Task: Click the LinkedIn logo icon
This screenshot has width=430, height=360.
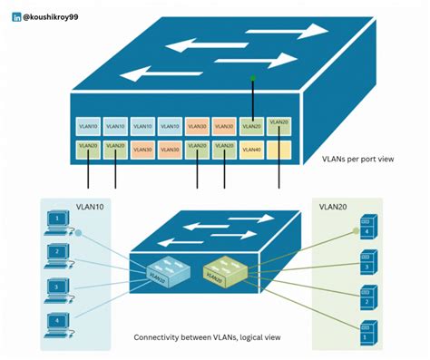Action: point(16,15)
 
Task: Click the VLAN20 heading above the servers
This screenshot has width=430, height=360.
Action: point(335,207)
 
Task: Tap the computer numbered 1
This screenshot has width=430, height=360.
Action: point(58,222)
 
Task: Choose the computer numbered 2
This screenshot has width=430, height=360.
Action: point(58,255)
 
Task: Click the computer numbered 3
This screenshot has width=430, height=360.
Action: point(58,288)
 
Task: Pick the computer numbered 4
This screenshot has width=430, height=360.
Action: point(58,322)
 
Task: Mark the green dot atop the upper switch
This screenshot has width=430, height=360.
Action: point(252,79)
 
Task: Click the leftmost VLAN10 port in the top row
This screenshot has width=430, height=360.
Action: point(87,127)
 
